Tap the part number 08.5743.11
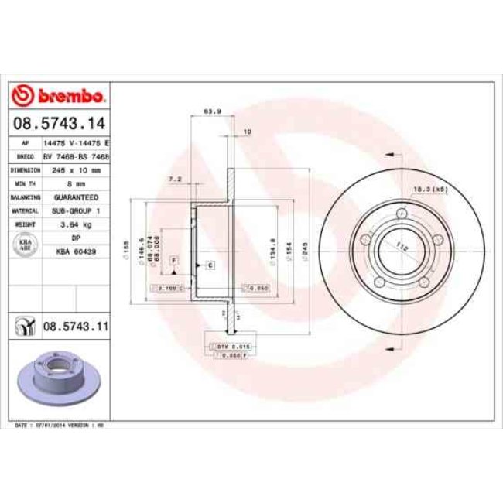(x=74, y=327)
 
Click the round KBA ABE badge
(x=22, y=245)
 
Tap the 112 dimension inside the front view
(x=401, y=248)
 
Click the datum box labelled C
(x=209, y=265)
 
